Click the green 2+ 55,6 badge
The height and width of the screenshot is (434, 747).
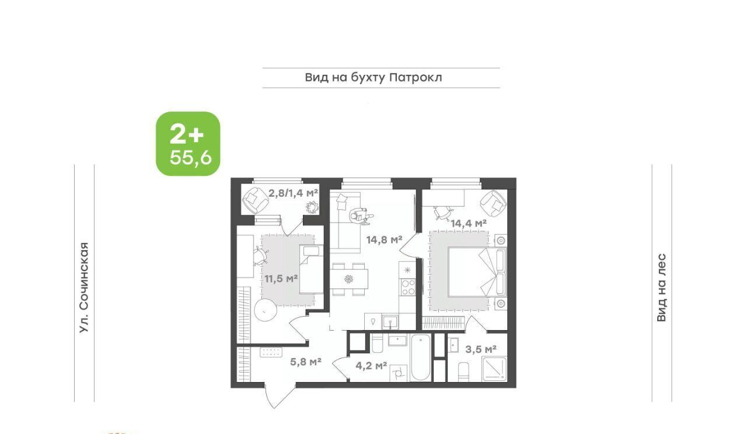tap(188, 144)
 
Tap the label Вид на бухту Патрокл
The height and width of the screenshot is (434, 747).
tap(373, 78)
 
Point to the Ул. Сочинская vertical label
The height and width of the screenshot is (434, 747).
tap(85, 287)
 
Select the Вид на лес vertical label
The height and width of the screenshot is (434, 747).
tap(662, 287)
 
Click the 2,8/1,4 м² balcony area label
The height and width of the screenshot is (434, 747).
tap(293, 193)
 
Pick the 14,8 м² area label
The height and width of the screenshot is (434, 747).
tap(384, 239)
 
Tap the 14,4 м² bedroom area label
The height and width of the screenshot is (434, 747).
tap(469, 223)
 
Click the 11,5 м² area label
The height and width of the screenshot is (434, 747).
tap(281, 279)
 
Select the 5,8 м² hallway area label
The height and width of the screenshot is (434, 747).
tap(305, 362)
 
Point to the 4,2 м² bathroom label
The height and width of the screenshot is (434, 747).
tap(371, 366)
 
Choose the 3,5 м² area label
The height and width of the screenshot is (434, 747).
tap(481, 349)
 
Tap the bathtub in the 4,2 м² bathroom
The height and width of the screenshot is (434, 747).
tap(421, 357)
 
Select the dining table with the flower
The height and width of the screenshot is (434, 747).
tap(349, 279)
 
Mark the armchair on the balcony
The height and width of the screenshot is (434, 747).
tap(255, 200)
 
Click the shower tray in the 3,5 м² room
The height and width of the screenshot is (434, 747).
tap(494, 369)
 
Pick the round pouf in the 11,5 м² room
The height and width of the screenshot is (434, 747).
tap(266, 311)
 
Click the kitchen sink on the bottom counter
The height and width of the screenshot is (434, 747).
tap(390, 322)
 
